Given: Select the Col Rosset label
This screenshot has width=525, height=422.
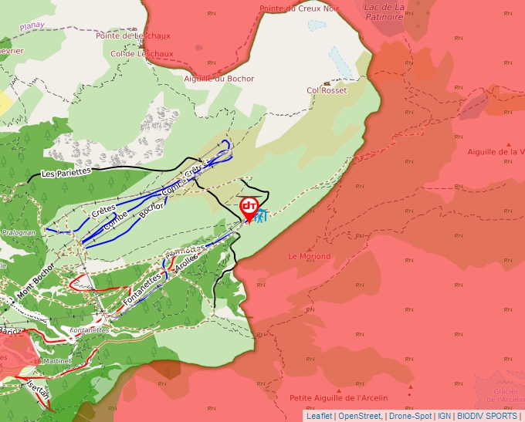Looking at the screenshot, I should coord(327,90).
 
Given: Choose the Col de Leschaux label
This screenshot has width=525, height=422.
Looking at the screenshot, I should coord(142,54).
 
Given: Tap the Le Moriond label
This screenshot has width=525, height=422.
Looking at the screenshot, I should coord(309,256).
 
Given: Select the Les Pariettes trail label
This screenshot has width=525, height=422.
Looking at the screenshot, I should coord(66,172).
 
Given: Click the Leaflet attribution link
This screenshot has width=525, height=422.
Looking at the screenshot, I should coord(320,416).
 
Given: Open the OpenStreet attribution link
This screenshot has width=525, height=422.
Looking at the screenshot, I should coord(359,416).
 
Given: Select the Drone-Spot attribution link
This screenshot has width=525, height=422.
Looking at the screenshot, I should coord(410,416).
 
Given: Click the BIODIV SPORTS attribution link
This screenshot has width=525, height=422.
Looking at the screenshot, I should coord(487,416).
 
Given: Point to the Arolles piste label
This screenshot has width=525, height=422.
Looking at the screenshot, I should coord(187,263).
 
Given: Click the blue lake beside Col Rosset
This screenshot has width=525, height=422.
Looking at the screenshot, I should coord(340,60).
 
